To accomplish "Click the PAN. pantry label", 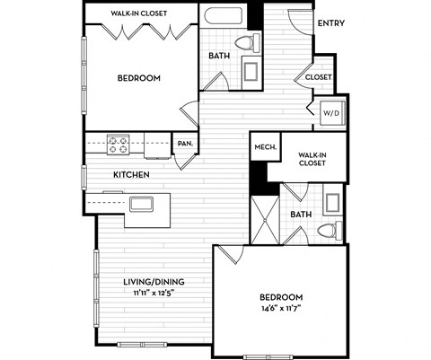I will coord(184,143).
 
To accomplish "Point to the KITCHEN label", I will coord(130,174).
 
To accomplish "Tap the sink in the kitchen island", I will coord(142,203).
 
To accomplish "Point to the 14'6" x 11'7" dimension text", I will coord(280,308).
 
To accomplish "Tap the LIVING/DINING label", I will coord(148,282).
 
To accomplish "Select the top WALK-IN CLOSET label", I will coord(142,13).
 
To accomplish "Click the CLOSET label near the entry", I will coord(319,77).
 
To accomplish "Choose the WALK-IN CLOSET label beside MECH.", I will coord(312,158).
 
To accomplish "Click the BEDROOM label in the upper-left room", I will coord(139,78).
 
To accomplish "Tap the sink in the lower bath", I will coord(331,201).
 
